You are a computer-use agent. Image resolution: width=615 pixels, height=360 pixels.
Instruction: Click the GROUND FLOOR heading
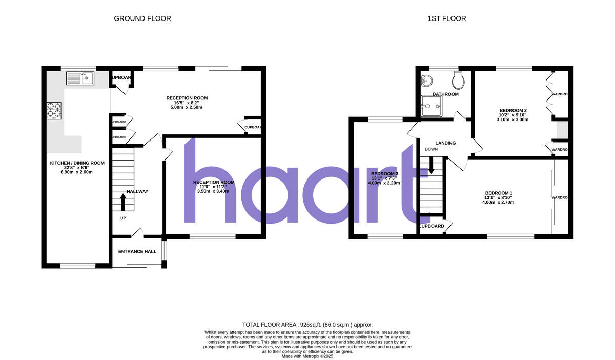click(x=142, y=18)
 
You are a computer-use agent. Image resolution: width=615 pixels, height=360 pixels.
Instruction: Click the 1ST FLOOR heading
click(x=447, y=18)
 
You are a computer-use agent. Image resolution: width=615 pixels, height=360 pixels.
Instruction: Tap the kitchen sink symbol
click(x=79, y=78)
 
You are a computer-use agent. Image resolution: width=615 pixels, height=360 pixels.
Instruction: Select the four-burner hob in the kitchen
click(x=54, y=110)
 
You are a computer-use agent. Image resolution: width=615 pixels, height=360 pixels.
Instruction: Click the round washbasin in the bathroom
click(x=427, y=81)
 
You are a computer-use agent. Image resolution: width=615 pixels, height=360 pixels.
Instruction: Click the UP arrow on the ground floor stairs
click(x=123, y=202)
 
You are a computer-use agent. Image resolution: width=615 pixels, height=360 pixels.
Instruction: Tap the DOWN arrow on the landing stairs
click(x=431, y=164)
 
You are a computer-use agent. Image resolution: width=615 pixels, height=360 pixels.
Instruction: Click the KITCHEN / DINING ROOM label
click(x=77, y=163)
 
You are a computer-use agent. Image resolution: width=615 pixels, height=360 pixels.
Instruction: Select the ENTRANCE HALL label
click(x=137, y=252)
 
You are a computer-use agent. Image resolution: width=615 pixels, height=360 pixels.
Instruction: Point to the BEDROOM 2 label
click(x=513, y=110)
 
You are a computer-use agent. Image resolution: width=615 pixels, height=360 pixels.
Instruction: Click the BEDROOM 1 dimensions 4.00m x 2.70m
click(x=498, y=202)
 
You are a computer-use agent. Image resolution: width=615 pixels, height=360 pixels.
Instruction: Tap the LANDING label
click(x=445, y=143)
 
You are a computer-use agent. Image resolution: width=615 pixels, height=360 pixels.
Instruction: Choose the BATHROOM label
click(x=445, y=94)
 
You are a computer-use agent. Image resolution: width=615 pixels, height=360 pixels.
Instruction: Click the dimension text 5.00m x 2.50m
click(x=187, y=107)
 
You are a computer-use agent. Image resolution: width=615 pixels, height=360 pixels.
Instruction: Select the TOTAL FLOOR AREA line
click(x=307, y=325)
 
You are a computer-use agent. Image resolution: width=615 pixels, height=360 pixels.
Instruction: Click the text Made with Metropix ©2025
click(x=307, y=356)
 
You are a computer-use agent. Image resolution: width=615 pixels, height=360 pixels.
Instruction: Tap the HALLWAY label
click(x=137, y=192)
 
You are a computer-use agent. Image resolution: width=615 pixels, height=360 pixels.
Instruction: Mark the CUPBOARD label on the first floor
click(x=431, y=226)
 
